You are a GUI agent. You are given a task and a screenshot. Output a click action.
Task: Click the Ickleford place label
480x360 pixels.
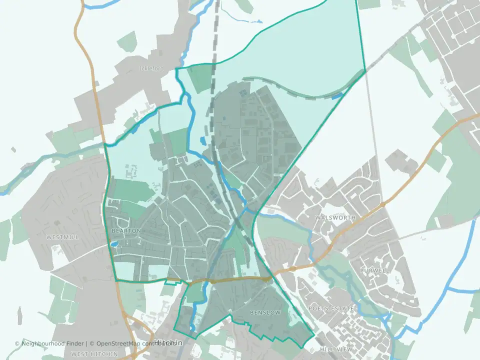[151, 68]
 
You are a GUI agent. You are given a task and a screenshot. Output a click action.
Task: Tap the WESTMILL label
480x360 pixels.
[62, 237]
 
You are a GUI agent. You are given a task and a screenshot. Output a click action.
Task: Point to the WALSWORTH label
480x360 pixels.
[335, 218]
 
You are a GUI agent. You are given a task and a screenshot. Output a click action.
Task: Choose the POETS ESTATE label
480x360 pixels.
[331, 308]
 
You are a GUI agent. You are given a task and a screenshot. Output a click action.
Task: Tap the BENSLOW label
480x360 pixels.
[264, 312]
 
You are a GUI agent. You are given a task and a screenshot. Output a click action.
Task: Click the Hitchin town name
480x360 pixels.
[168, 343]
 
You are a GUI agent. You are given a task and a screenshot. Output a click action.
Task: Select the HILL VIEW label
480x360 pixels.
[336, 349]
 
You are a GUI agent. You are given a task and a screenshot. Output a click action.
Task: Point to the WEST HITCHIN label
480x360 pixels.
[94, 354]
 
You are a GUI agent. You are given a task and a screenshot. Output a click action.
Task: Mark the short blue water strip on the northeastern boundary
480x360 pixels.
[338, 95]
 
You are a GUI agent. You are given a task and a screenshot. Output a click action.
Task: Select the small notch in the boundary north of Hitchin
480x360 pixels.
[172, 283]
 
